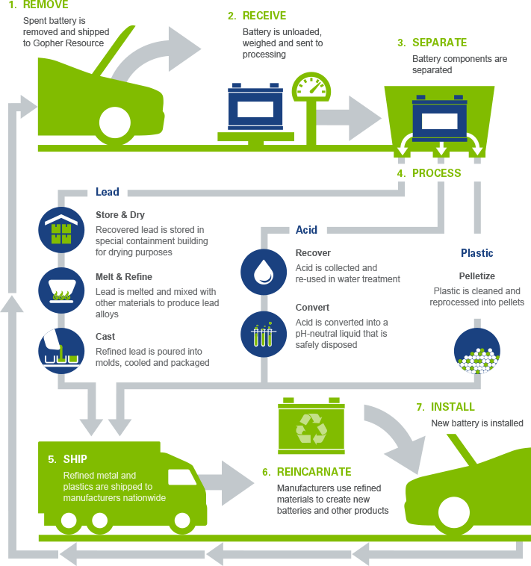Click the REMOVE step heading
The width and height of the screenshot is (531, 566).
tap(39, 4)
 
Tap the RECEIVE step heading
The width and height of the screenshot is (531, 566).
tap(257, 16)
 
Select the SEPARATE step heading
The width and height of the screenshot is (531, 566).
tap(432, 43)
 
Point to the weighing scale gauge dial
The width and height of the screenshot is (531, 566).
tap(311, 87)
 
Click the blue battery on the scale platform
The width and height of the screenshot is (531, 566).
tap(255, 106)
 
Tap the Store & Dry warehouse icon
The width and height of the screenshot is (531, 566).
tap(61, 230)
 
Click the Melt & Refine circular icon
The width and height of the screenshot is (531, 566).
tap(61, 290)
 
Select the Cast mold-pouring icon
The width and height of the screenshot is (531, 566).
tap(61, 351)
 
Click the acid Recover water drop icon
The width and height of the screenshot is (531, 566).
tap(264, 272)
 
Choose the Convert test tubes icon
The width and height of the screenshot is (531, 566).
tap(264, 335)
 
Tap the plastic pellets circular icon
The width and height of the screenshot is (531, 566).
tap(476, 351)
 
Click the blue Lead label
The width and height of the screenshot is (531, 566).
tap(108, 192)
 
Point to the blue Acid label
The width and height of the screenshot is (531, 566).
tap(306, 230)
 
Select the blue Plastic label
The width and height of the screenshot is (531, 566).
tap(476, 253)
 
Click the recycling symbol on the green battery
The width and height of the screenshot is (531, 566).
tap(311, 429)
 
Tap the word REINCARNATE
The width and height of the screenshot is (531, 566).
tap(314, 472)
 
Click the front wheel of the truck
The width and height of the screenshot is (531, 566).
tap(182, 520)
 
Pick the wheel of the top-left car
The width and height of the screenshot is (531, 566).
tap(115, 122)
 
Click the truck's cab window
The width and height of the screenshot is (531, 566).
tap(182, 477)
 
